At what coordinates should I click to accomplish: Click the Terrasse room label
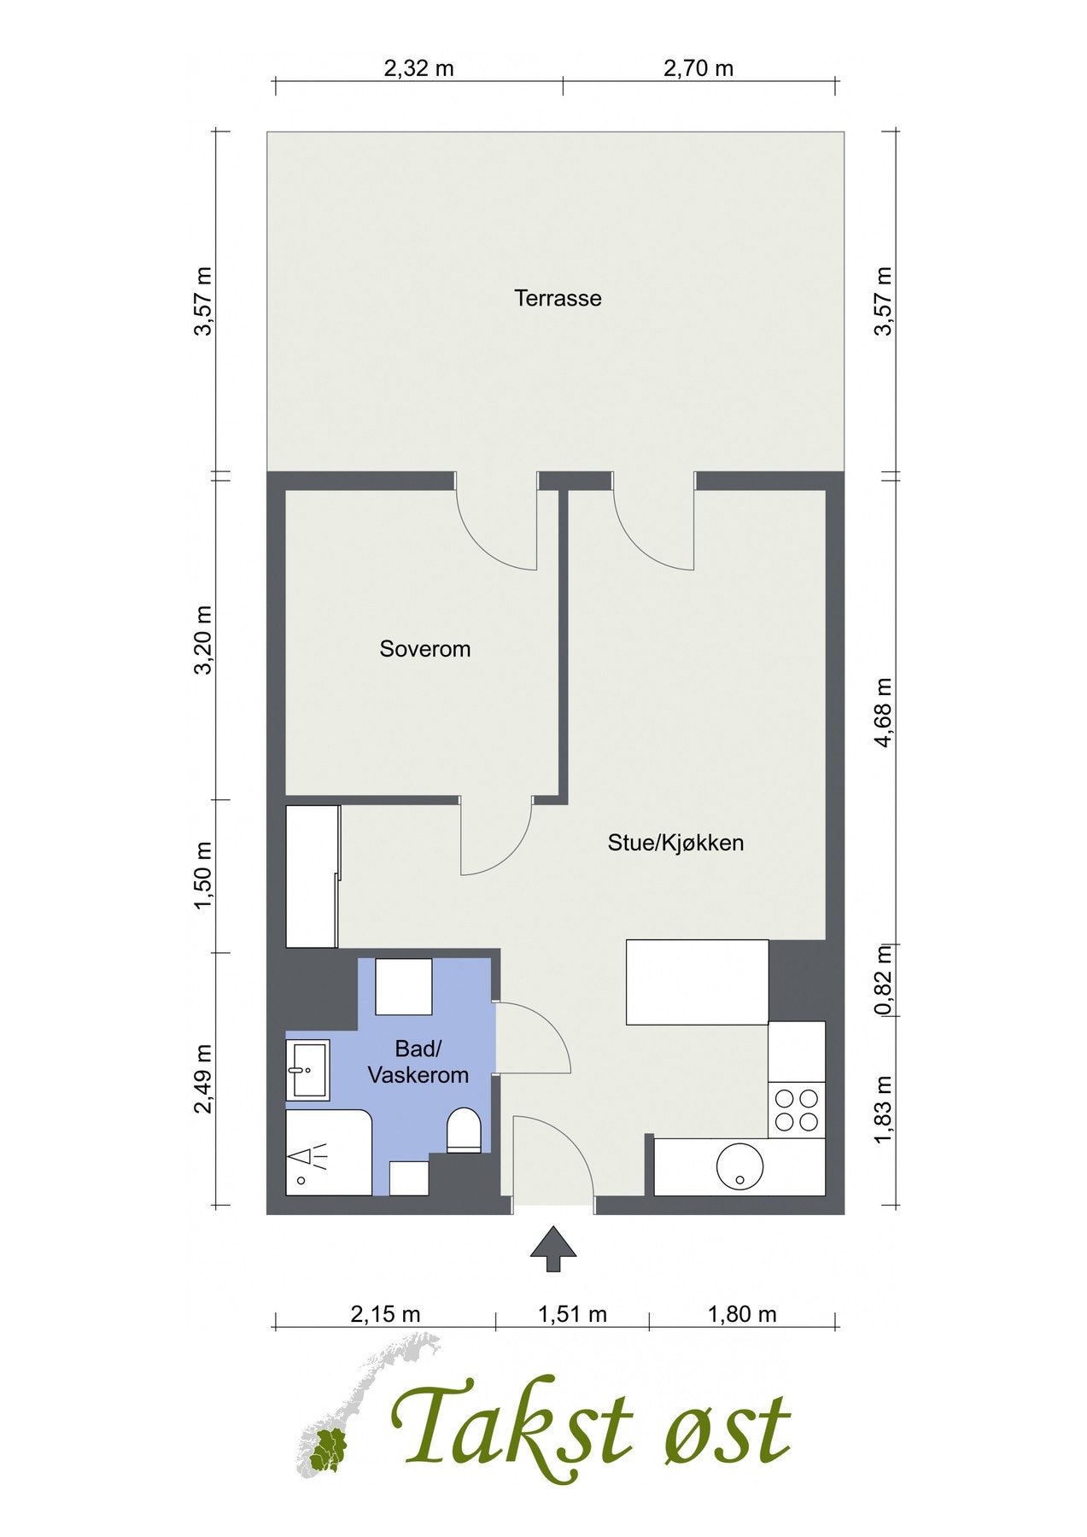click(x=558, y=298)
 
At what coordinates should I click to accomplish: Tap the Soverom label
click(x=424, y=649)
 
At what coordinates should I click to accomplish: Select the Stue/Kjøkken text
click(x=675, y=843)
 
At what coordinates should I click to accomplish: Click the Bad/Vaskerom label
click(x=418, y=1061)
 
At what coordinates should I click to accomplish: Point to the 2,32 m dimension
click(x=418, y=68)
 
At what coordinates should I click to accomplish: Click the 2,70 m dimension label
click(x=698, y=68)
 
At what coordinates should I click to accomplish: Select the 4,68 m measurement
click(x=883, y=713)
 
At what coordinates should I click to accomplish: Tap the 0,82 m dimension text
click(x=883, y=979)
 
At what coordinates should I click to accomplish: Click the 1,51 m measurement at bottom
click(x=572, y=1314)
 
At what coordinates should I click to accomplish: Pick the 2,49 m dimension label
click(x=203, y=1079)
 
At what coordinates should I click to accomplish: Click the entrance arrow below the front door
click(x=552, y=1249)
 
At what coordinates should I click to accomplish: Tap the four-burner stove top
click(x=795, y=1109)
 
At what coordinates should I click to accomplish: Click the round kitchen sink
click(x=739, y=1166)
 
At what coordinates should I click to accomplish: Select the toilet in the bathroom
click(x=465, y=1131)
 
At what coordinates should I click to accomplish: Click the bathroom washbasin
click(x=307, y=1070)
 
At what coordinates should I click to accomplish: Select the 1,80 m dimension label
click(x=742, y=1314)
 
